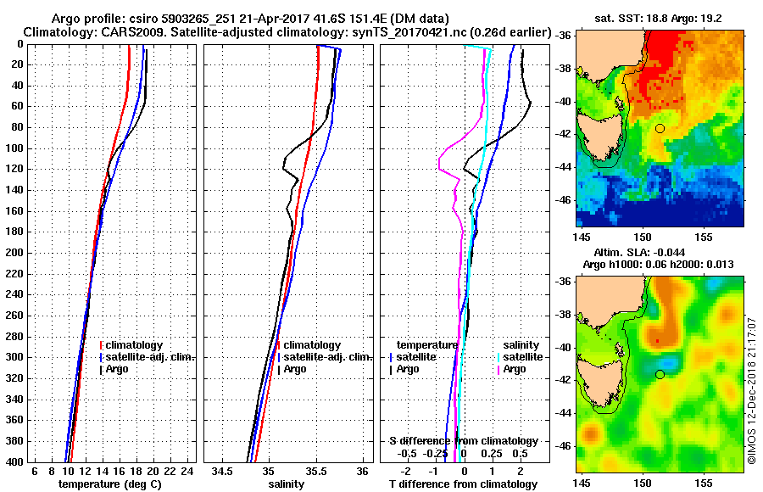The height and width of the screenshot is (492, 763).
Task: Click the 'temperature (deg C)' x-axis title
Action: coord(109,484)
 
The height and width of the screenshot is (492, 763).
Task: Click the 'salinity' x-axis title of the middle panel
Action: coord(287,484)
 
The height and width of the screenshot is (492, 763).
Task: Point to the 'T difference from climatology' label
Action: coord(463,484)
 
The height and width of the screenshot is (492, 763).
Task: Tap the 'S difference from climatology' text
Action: coord(463,441)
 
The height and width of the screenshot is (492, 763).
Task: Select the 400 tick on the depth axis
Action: coord(18,461)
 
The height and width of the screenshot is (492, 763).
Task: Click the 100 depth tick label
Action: coord(18,148)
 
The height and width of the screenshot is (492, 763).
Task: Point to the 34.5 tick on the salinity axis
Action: coord(223,471)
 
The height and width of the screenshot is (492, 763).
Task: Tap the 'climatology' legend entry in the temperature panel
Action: coord(134,345)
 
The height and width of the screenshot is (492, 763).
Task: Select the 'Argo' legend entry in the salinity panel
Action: coord(295,369)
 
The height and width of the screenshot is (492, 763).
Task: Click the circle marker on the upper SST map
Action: coord(660,128)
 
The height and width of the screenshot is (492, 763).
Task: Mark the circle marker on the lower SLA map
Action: coord(660,374)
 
